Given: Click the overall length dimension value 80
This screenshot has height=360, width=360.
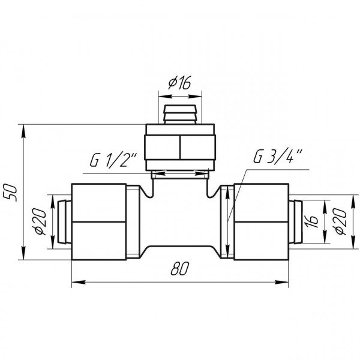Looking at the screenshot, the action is pos(180,268).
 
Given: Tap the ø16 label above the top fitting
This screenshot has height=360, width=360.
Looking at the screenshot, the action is pos(179,83).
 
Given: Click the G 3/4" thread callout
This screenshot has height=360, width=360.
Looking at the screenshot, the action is pos(278,157).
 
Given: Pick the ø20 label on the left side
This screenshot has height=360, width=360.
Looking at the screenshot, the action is pos(40,222).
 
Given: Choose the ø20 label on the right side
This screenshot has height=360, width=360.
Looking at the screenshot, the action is pos(340,222).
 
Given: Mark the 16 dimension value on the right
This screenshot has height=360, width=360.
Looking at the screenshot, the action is pos(311,221).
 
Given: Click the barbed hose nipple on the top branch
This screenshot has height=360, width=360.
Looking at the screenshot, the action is pos(180,115).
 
